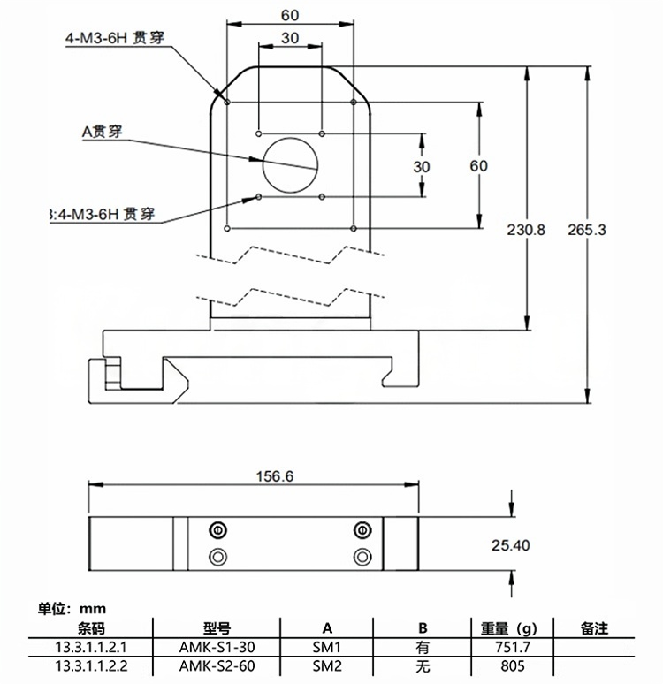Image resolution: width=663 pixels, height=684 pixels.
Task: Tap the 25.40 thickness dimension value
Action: [510, 545]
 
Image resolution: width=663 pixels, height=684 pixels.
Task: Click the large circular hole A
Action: [290, 165]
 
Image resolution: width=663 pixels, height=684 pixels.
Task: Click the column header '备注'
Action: [594, 629]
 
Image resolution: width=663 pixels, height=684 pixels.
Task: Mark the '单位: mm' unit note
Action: [72, 609]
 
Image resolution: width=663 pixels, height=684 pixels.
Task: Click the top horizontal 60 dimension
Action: [289, 15]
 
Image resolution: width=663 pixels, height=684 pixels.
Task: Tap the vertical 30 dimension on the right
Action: [422, 166]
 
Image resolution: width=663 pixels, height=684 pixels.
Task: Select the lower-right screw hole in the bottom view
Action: [361, 557]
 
